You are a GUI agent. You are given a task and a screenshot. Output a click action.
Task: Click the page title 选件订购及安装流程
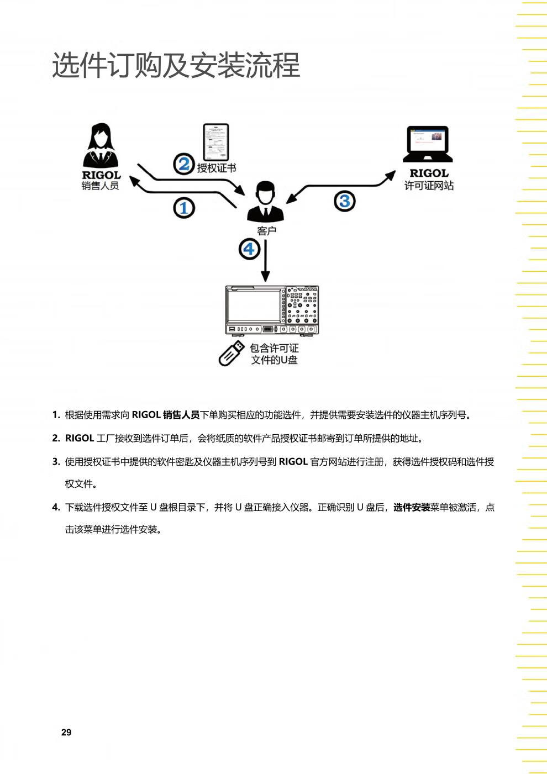tap(176, 65)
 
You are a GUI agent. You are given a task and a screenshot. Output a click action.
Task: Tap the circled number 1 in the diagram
tap(184, 208)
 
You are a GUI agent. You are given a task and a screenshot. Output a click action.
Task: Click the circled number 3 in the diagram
tap(345, 201)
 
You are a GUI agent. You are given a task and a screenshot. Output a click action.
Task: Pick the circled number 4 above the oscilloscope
tap(249, 249)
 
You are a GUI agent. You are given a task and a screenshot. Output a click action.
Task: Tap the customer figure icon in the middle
tap(266, 201)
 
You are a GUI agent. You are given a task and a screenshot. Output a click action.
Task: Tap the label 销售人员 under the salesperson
tap(101, 186)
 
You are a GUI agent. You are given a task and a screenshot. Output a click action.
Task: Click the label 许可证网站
tap(429, 186)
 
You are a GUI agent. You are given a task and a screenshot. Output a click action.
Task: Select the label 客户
tap(266, 230)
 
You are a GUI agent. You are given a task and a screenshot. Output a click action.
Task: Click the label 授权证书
tap(217, 168)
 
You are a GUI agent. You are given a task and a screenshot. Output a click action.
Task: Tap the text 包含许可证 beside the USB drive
tap(274, 348)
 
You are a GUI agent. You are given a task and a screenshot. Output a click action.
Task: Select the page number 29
tap(66, 732)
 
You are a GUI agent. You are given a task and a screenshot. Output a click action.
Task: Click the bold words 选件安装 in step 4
tap(412, 507)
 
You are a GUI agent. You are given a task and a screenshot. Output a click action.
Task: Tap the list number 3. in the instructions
tap(56, 462)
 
